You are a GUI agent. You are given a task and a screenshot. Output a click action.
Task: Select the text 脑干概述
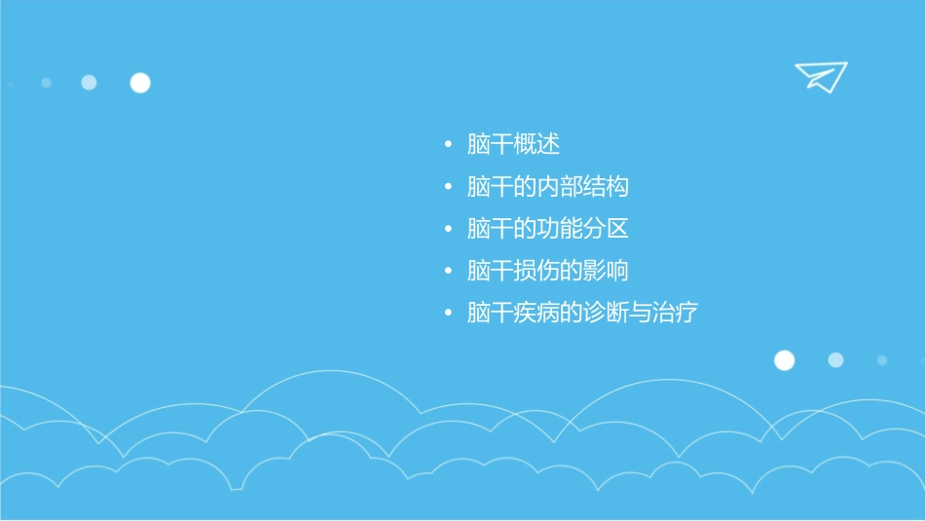(513, 145)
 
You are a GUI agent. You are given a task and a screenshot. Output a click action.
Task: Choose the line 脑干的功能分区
(547, 229)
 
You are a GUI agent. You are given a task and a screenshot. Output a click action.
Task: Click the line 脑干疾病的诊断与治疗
(582, 313)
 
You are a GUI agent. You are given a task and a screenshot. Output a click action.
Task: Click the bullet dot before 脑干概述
(448, 146)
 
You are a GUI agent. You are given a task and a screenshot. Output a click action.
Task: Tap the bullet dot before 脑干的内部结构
(448, 188)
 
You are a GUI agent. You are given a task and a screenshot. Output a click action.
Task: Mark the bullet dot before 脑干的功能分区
(448, 230)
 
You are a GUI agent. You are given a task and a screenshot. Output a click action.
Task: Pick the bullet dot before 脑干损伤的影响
(448, 272)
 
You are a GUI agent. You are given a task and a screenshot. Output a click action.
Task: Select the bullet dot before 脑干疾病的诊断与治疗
(448, 314)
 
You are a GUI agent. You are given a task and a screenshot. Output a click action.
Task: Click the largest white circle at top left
(140, 83)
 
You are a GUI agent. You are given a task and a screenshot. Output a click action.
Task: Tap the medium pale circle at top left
(89, 83)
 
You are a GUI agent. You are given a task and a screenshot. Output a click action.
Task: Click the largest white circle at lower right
(784, 360)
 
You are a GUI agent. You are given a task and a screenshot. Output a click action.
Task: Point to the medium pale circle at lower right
(835, 360)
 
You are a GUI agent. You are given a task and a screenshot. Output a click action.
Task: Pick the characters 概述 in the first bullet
(536, 145)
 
